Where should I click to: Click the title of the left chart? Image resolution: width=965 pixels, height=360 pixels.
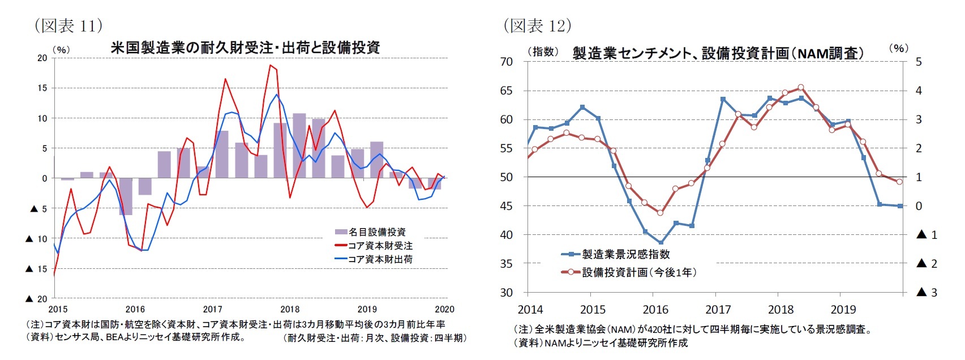click(x=245, y=48)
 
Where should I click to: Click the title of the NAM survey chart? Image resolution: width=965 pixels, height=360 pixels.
click(x=718, y=53)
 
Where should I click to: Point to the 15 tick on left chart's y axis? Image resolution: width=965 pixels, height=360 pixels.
click(x=42, y=88)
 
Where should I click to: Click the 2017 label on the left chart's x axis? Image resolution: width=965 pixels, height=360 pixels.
click(x=212, y=309)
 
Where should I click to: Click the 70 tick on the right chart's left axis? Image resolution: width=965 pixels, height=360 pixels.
click(x=507, y=61)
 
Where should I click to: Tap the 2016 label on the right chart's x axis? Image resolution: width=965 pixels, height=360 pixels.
click(x=655, y=310)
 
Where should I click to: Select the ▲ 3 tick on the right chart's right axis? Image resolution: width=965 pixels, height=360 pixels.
click(x=927, y=292)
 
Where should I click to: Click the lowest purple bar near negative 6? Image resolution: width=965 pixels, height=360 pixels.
click(x=126, y=196)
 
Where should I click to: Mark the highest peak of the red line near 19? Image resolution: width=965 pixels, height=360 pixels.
click(x=271, y=66)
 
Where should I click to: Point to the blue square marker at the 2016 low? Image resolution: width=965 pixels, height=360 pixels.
click(x=661, y=242)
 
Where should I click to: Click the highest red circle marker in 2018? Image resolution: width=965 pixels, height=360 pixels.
click(x=800, y=87)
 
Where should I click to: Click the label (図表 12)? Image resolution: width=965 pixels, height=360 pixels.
click(x=537, y=25)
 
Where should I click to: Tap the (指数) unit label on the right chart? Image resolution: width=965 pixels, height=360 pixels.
click(x=543, y=52)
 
